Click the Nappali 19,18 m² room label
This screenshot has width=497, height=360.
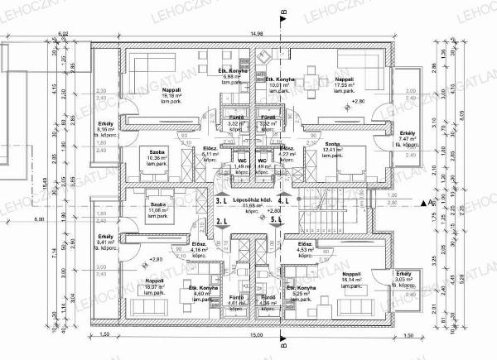pyautogui.click(x=172, y=94)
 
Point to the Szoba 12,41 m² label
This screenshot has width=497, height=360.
pyautogui.click(x=333, y=149)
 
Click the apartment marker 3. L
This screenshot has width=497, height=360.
pyautogui.click(x=221, y=201)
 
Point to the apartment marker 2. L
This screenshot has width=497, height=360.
pyautogui.click(x=221, y=222)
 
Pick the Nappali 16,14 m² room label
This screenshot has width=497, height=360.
pyautogui.click(x=351, y=277)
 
